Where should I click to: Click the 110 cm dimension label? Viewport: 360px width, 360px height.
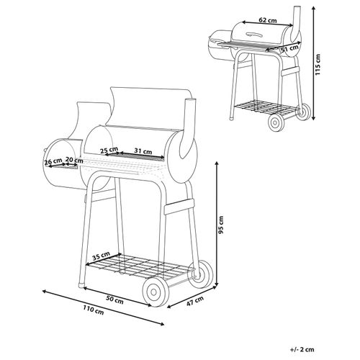(94, 310)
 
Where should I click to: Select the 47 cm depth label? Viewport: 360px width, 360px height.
(195, 301)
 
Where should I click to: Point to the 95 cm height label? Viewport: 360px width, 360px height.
(221, 225)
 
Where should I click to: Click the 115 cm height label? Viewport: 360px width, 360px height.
(318, 64)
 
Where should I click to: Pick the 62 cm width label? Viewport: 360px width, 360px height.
(268, 20)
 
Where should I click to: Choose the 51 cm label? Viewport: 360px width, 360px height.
(290, 49)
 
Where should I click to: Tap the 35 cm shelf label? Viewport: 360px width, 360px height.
(102, 256)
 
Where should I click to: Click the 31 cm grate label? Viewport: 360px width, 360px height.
(143, 151)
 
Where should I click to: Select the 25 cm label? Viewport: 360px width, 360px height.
(109, 150)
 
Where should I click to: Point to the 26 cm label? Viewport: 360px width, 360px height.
(53, 161)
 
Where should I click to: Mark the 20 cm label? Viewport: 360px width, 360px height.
(74, 159)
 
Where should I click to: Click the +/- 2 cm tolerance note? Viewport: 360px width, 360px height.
(302, 349)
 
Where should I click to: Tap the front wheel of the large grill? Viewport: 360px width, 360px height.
(156, 292)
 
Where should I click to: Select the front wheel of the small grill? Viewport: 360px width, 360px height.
(276, 122)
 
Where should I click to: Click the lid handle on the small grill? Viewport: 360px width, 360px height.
(255, 35)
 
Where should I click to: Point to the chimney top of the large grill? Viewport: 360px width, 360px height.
(191, 99)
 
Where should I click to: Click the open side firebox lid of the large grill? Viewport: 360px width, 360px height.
(92, 120)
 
